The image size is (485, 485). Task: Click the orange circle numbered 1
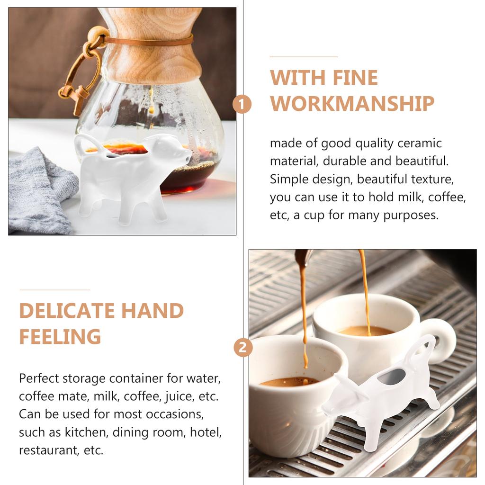click(242, 104)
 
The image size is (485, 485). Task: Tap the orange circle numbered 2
click(243, 348)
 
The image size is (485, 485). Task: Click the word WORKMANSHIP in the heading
click(352, 104)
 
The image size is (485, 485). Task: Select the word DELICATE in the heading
click(67, 311)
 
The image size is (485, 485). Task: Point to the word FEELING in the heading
click(60, 337)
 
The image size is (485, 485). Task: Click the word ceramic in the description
click(419, 143)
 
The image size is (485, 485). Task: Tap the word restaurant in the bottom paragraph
click(46, 450)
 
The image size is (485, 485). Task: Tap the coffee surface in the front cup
click(289, 382)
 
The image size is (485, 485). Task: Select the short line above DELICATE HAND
click(54, 289)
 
